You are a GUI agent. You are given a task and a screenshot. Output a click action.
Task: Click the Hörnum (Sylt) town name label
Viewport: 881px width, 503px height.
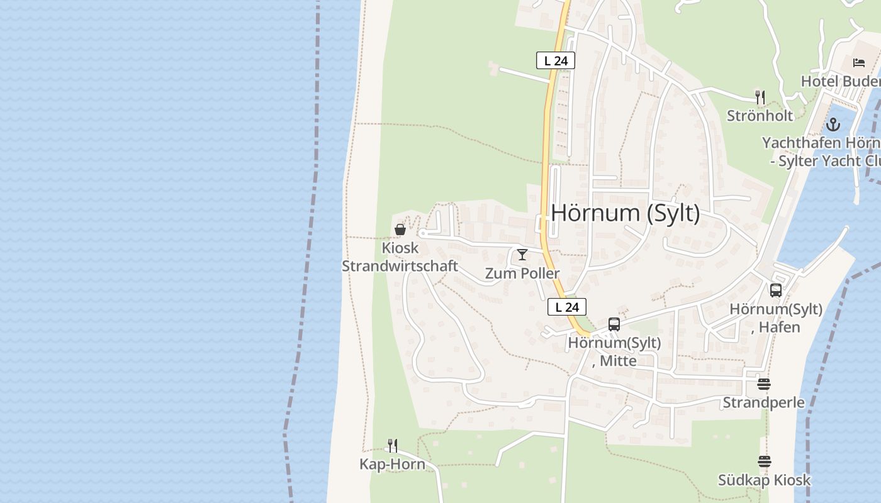tap(625, 213)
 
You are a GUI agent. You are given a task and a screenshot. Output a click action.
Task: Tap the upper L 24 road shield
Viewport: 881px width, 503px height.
tap(555, 60)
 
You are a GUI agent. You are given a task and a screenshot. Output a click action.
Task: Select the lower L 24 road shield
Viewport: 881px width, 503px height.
tap(566, 307)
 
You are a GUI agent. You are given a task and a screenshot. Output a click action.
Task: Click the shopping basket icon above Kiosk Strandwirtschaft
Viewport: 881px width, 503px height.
tap(400, 229)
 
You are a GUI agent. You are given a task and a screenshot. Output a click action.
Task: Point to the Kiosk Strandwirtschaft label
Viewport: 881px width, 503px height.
tap(400, 257)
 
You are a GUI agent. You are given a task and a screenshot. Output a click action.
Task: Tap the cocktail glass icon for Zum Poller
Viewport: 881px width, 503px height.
tap(522, 255)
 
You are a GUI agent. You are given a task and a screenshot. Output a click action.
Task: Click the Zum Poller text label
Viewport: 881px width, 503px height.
tap(522, 274)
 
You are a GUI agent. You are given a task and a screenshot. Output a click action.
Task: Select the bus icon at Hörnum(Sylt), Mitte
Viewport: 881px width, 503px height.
tap(614, 324)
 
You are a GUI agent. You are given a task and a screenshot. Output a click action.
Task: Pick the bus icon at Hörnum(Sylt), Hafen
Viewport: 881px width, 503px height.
tap(776, 290)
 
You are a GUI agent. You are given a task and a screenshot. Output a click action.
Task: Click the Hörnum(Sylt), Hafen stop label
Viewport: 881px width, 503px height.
tap(776, 318)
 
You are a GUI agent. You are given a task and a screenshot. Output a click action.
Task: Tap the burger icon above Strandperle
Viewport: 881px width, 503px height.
tap(764, 384)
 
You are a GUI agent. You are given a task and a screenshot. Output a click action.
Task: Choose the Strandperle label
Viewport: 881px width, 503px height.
tap(763, 402)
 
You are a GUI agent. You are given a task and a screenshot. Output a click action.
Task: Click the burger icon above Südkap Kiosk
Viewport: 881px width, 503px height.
tap(765, 462)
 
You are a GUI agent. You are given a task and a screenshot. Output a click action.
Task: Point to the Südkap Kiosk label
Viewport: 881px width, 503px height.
tap(765, 480)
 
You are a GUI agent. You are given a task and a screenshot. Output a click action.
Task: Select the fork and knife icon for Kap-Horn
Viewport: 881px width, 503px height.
tap(392, 446)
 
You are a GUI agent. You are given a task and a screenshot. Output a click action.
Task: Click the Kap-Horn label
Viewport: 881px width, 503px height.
tap(392, 465)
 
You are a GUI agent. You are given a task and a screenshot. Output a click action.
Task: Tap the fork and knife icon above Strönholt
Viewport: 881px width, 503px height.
tap(760, 97)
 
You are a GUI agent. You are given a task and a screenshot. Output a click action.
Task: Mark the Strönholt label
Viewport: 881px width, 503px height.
tap(760, 116)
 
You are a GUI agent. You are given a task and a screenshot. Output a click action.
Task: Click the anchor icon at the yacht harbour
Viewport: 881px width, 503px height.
tap(833, 124)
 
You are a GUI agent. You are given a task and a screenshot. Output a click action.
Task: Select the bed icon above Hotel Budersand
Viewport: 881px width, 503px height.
tap(859, 62)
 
